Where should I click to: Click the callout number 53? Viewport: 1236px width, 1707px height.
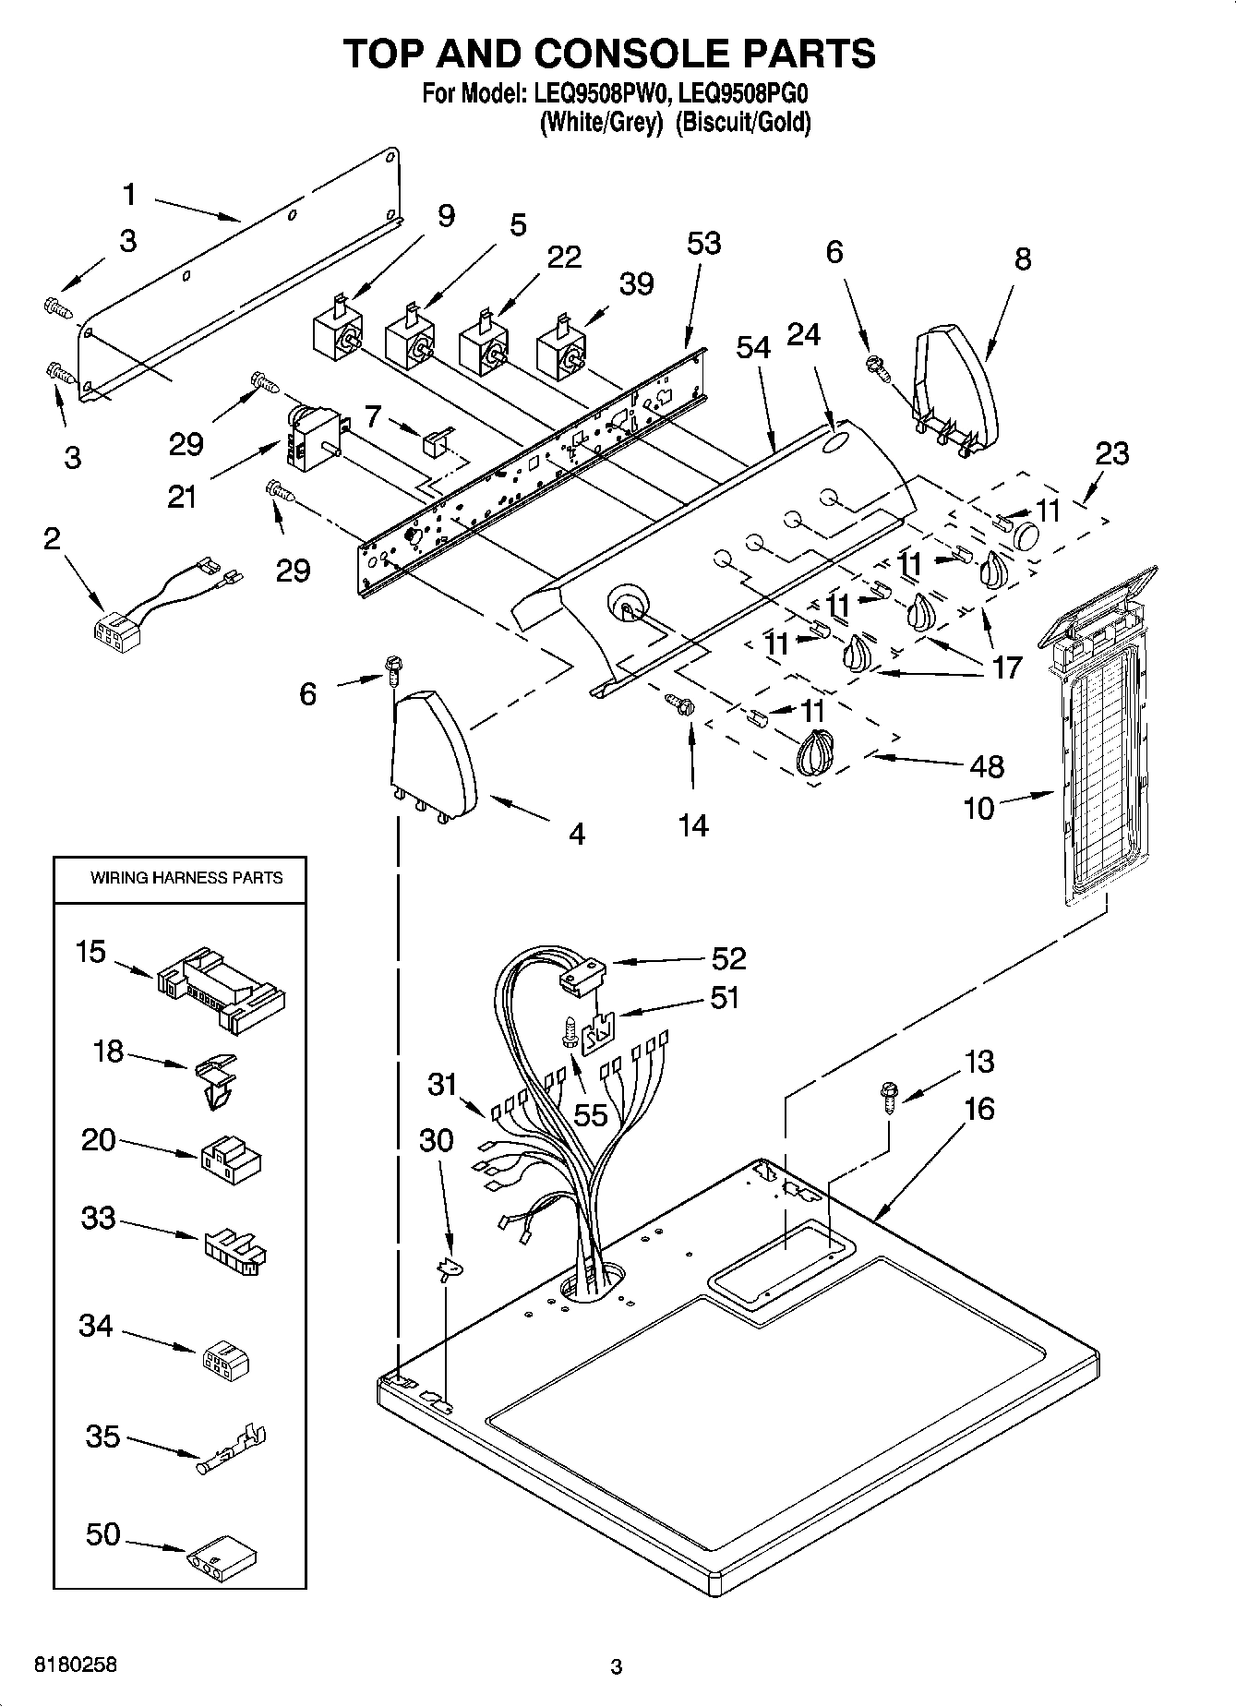[703, 244]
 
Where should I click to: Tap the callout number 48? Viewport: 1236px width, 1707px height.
[987, 766]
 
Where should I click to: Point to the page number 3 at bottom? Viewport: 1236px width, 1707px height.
[617, 1666]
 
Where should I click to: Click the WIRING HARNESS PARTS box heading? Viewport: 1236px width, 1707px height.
[186, 877]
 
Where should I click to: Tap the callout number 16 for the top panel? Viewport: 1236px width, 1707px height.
[979, 1108]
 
